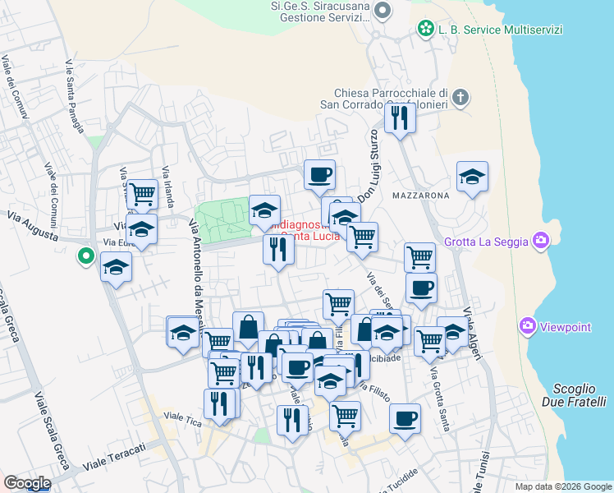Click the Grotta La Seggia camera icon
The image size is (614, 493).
(x=541, y=241)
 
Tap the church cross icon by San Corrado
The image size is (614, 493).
(x=460, y=98)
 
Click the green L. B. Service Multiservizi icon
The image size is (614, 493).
(x=426, y=29)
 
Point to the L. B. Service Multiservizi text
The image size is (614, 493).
(x=501, y=30)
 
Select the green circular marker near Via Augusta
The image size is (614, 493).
(x=85, y=257)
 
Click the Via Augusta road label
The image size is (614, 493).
(x=33, y=226)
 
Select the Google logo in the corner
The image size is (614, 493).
(x=27, y=483)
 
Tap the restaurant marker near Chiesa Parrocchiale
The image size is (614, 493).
(x=400, y=117)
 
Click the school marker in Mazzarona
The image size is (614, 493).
(x=472, y=178)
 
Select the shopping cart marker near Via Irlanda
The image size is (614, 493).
(x=143, y=194)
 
